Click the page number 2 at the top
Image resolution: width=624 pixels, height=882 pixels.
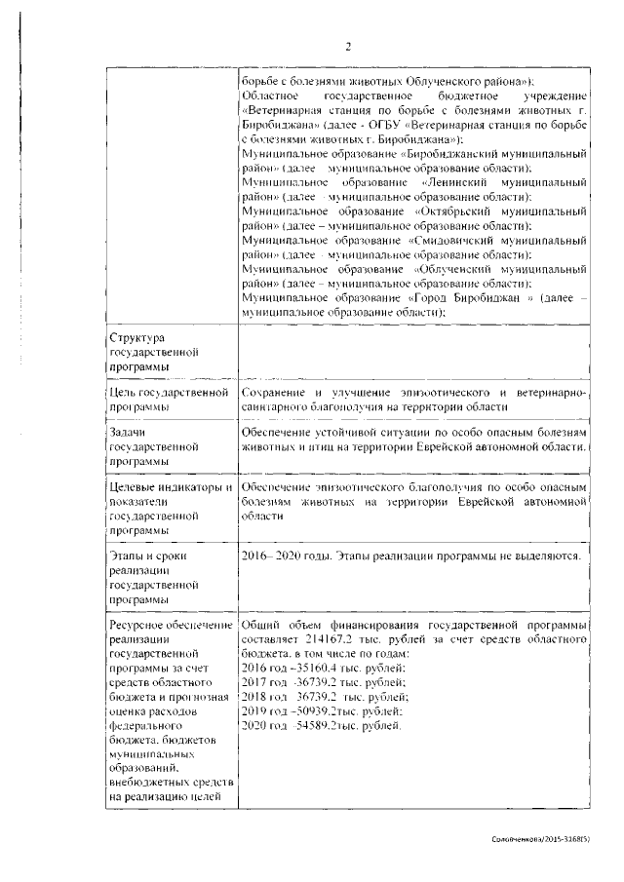click(x=346, y=45)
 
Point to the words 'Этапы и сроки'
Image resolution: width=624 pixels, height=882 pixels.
click(x=142, y=556)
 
